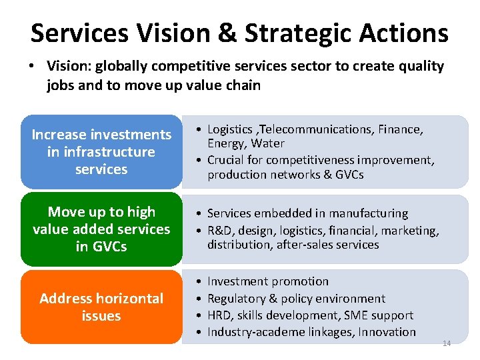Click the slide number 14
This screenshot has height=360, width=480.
446,343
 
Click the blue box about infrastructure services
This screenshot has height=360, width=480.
101,152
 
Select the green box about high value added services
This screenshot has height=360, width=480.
101,229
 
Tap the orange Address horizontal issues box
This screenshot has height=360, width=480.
101,307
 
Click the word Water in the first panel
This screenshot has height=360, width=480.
268,143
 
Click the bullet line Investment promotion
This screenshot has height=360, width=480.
267,281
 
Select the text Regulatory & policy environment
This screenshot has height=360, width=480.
296,299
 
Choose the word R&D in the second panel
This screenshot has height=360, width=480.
219,231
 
